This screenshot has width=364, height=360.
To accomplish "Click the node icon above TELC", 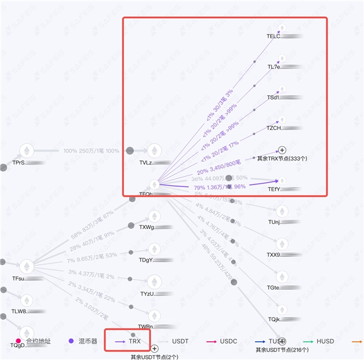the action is click(x=281, y=28).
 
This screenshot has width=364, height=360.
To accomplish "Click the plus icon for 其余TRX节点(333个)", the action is click(x=281, y=150).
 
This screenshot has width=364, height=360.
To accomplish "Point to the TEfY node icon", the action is click(x=281, y=181).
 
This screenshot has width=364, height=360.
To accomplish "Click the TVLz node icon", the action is click(x=155, y=151).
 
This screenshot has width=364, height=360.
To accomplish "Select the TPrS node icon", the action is click(x=27, y=151).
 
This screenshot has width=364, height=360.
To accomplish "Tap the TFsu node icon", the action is click(x=27, y=266).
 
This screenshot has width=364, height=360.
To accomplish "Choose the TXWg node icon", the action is click(x=155, y=216).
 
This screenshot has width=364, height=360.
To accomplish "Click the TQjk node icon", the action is click(x=281, y=308).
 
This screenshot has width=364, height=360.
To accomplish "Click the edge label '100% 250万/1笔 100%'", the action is click(x=92, y=151).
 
